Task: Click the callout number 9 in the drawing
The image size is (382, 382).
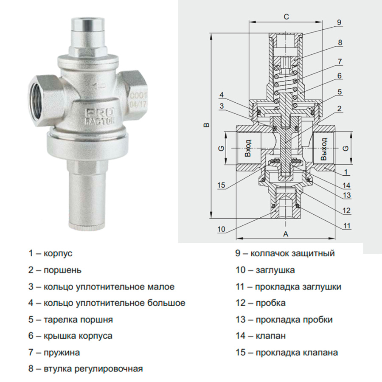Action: click(338, 22)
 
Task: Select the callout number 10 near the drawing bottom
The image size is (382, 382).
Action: click(221, 229)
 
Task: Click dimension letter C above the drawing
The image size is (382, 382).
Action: click(286, 17)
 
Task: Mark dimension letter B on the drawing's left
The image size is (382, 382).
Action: click(206, 125)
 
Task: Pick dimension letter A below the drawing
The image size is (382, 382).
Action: click(286, 234)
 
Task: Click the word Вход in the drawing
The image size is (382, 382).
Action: click(248, 149)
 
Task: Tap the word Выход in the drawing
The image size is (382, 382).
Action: click(324, 149)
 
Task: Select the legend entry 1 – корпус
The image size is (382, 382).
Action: click(51, 253)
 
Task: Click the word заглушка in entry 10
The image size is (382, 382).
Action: click(275, 270)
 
